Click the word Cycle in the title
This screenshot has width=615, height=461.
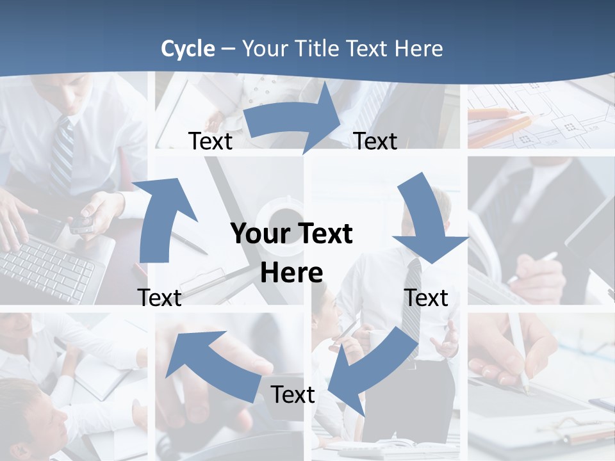[x=188, y=49]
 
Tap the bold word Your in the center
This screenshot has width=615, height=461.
[x=259, y=234]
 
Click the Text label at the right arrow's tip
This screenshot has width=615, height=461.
[x=375, y=141]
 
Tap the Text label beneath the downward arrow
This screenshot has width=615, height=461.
[x=426, y=298]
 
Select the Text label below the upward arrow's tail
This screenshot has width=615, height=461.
[x=160, y=298]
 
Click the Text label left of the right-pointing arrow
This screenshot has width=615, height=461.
[x=210, y=141]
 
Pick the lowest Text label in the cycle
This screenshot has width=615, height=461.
[x=293, y=395]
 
